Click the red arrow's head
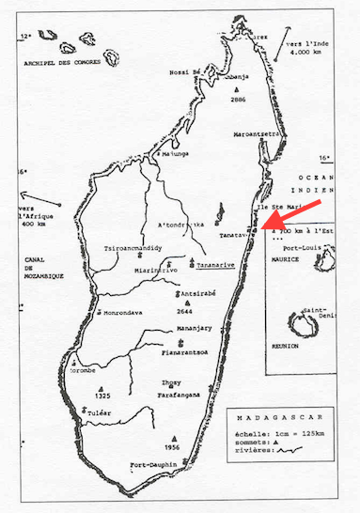(x=265, y=222)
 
